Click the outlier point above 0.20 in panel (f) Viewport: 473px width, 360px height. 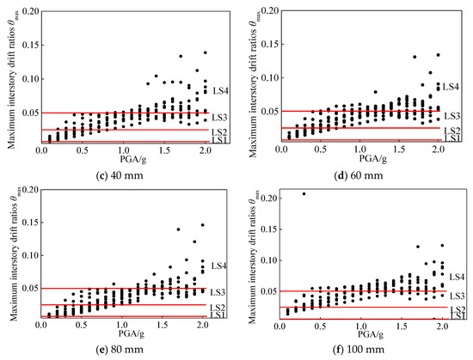pos(304,193)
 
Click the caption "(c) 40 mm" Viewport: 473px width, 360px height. pos(120,175)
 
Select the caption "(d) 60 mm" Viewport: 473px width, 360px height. pos(359,175)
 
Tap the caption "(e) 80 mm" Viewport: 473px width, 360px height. pos(120,350)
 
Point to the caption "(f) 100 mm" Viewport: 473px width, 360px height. pos(359,350)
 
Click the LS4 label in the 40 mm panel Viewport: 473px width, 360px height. pos(220,91)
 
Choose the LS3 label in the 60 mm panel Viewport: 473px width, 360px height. pos(451,116)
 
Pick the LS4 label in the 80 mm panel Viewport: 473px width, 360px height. pos(218,265)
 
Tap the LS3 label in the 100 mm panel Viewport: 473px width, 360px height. pos(457,296)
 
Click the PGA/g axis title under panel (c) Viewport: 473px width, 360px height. pos(133,159)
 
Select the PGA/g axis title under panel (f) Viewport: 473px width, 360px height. pos(371,333)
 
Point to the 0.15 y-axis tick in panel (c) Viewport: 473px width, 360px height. pos(31,46)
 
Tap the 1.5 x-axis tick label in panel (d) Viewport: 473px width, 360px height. pos(399,149)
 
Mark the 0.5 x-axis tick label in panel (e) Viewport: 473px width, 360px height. pos(81,325)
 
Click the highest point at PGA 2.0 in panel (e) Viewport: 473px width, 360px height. pos(202,225)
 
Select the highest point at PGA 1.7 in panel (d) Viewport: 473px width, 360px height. pos(415,57)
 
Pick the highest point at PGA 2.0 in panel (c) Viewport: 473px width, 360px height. pos(206,52)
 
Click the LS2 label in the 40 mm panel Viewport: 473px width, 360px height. pos(219,132)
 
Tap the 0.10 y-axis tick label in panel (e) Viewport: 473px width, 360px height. pos(30,255)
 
